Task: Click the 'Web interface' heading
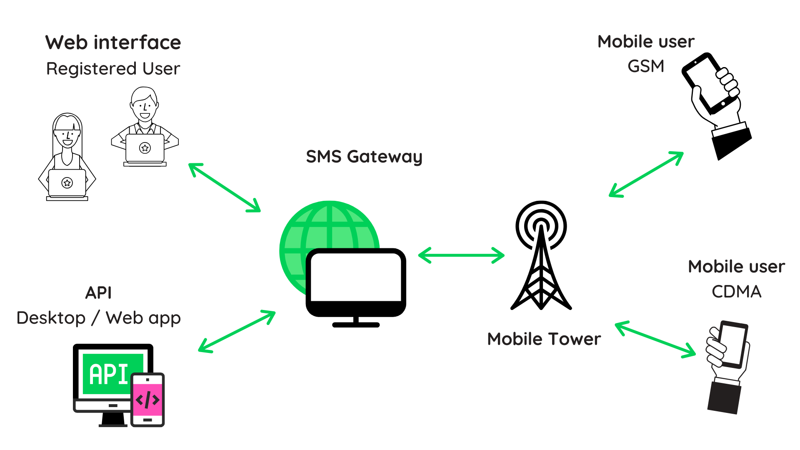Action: (113, 42)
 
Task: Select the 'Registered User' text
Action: (113, 69)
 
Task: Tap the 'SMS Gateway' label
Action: (364, 157)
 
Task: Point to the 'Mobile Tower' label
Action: (544, 339)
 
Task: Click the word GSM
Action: (645, 66)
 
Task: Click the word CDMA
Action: (736, 292)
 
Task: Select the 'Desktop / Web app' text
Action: (98, 318)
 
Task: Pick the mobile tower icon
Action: (541, 258)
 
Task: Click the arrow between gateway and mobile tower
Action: (461, 255)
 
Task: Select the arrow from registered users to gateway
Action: (225, 187)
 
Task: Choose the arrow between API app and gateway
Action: (237, 332)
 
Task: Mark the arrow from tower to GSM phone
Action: (646, 174)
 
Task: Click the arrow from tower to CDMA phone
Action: (655, 340)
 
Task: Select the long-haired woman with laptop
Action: (67, 158)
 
